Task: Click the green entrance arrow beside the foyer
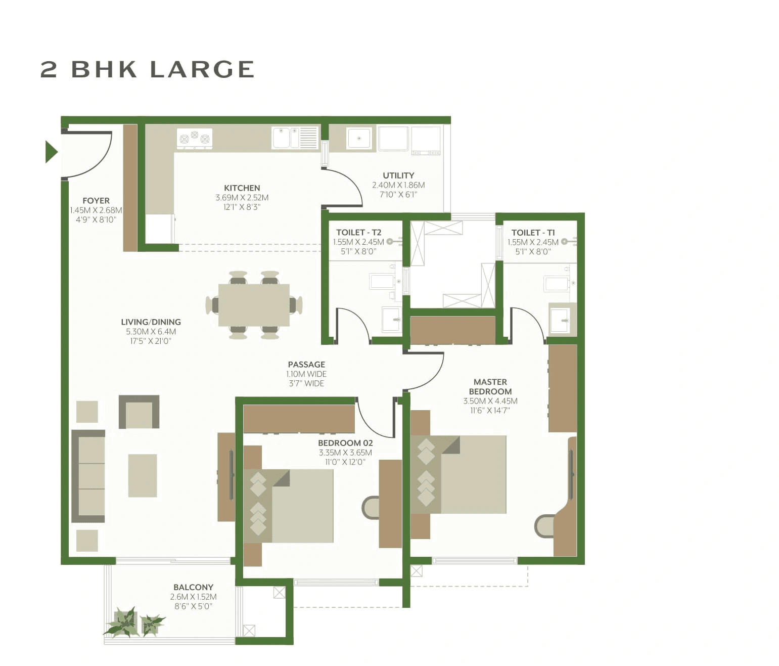coord(51,152)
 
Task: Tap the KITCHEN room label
coord(242,188)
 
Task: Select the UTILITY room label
coord(398,175)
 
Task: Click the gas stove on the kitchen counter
coord(195,138)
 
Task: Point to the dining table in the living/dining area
coord(254,305)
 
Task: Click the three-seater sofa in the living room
coord(89,476)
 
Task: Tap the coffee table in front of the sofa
coord(143,475)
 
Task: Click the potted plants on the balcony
coord(134,623)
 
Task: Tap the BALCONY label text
coord(193,587)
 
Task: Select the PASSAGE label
coord(306,365)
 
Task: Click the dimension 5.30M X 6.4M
coord(151,332)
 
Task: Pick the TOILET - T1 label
coord(533,233)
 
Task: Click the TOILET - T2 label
coord(358,233)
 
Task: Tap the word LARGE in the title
coord(202,70)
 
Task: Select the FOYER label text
coord(96,201)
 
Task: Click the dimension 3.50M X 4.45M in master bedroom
coord(490,401)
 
